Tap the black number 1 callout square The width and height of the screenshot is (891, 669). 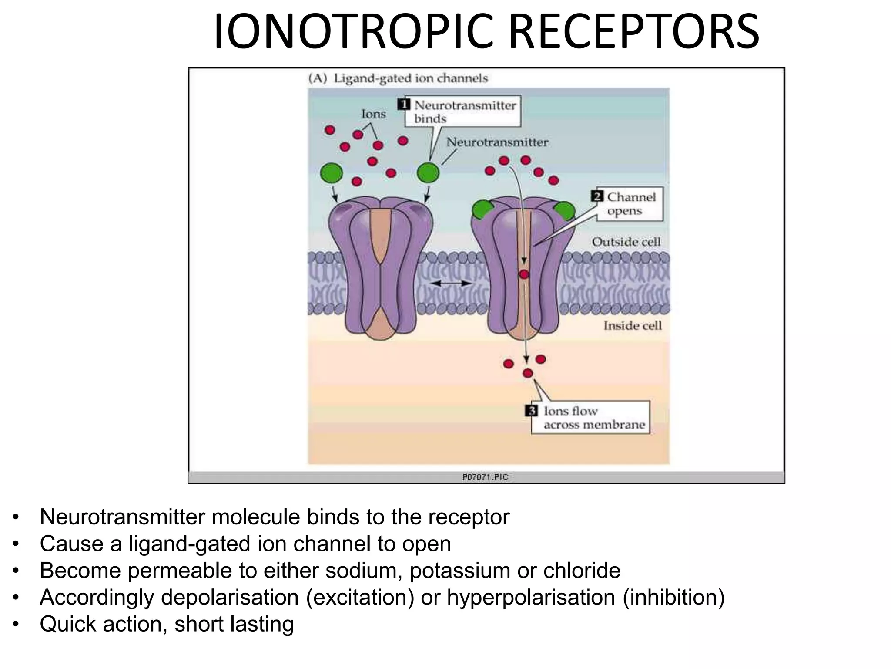tap(404, 105)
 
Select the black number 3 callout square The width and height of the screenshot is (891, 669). tap(532, 411)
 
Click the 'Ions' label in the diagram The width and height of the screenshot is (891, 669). tap(373, 114)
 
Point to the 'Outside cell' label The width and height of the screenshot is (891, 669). tap(626, 242)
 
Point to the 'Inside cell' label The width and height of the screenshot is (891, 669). tap(632, 325)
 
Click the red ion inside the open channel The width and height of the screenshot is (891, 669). tap(524, 274)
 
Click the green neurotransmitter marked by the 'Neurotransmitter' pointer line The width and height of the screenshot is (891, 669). tap(428, 173)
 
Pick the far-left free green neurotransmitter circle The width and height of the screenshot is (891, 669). tap(332, 173)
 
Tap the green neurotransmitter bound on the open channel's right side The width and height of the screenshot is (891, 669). tap(564, 211)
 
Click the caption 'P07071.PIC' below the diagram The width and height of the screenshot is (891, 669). tap(485, 477)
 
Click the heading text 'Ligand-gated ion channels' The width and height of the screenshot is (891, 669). tap(410, 78)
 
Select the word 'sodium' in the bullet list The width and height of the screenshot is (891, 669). tap(364, 571)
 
